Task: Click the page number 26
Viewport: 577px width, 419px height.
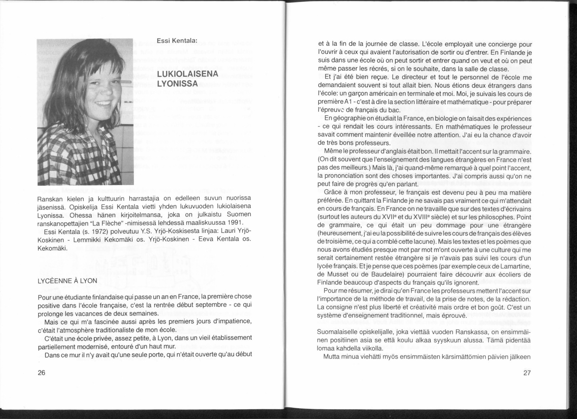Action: (42, 373)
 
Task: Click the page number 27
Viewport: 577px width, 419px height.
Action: (527, 373)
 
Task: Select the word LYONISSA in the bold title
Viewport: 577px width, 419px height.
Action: (177, 83)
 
